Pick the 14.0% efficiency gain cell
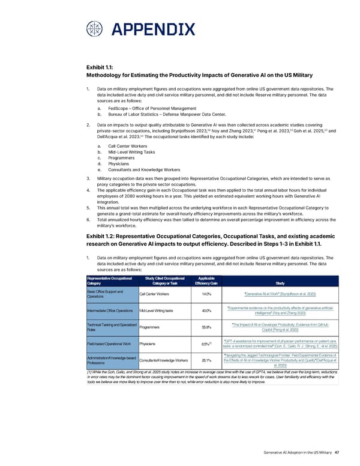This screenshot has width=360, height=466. tap(206, 294)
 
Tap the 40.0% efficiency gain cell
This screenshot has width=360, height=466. tap(206, 310)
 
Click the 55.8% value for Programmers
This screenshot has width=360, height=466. tap(206, 327)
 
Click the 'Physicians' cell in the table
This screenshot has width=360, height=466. tap(150, 344)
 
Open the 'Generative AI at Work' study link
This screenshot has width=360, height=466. tap(280, 294)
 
